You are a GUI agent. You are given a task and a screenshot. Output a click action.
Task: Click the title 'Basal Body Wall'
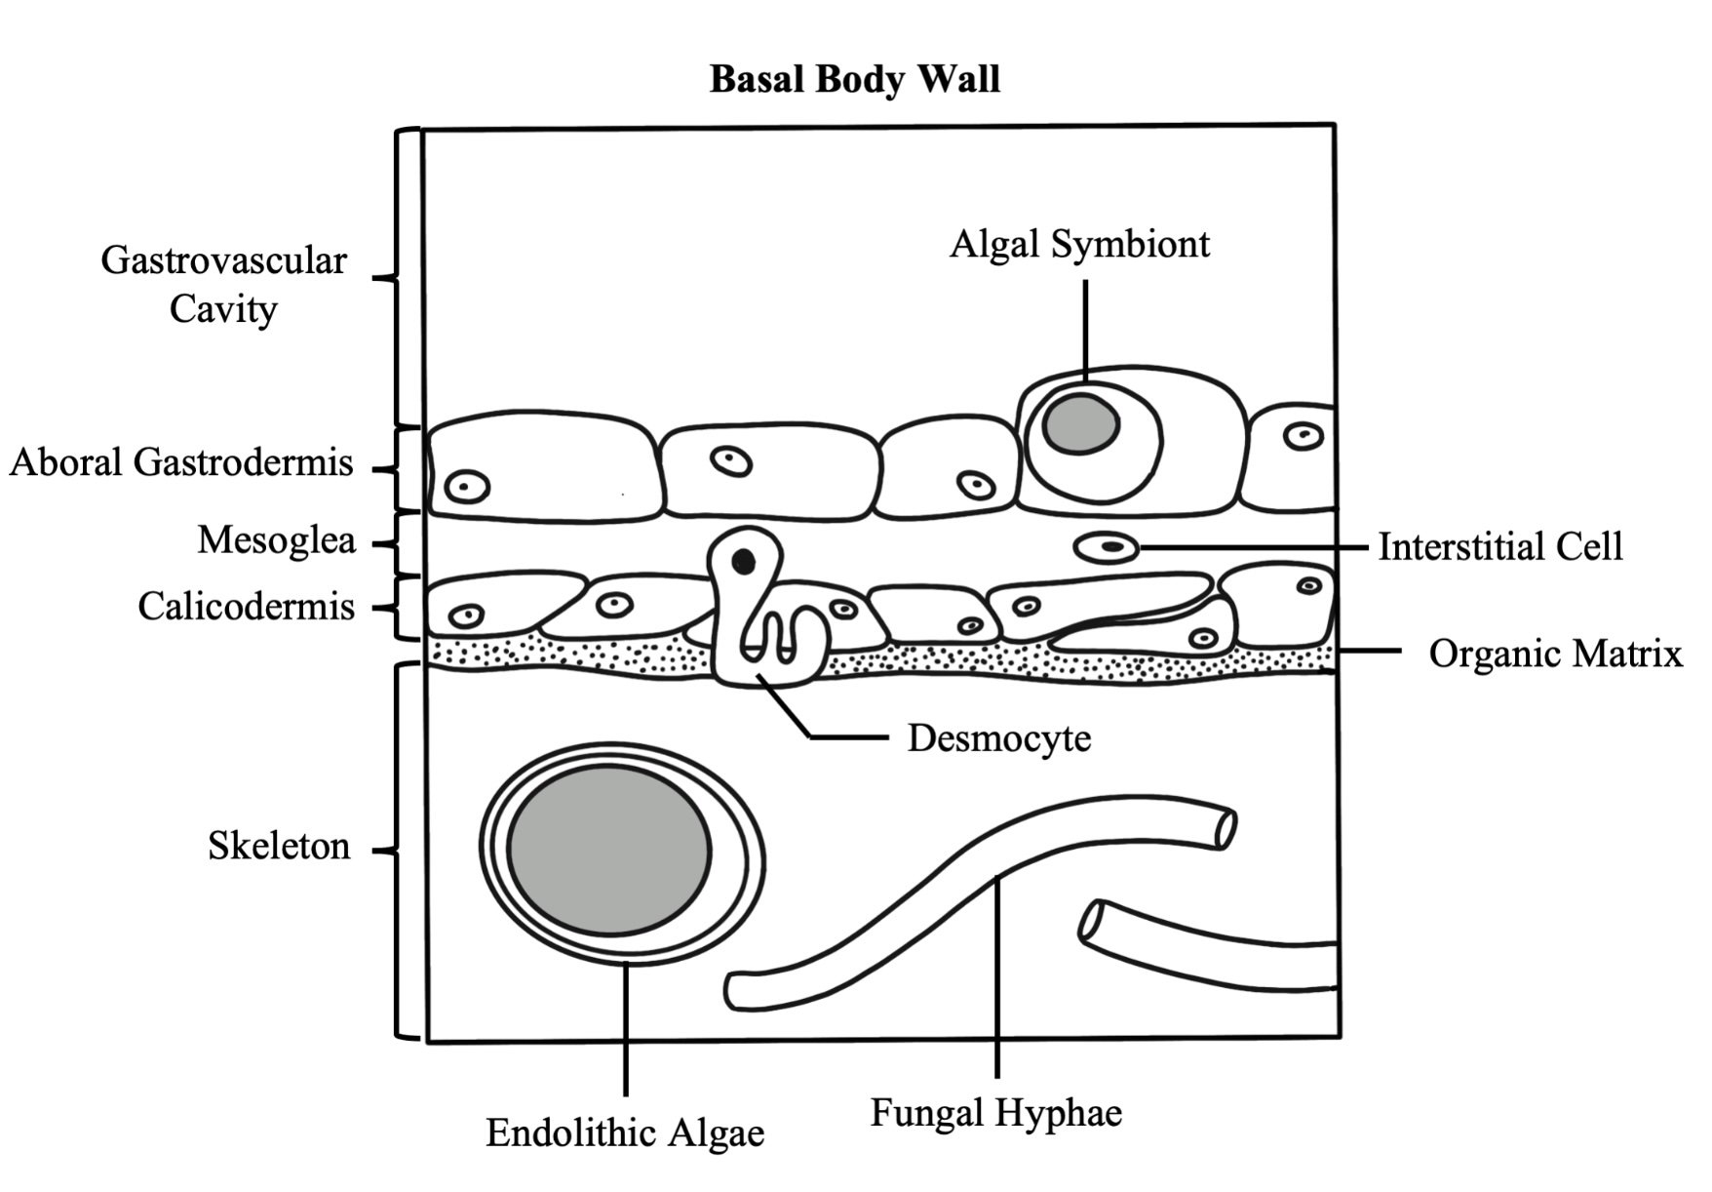pos(854,79)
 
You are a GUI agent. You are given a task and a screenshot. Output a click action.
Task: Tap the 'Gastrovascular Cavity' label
pos(223,285)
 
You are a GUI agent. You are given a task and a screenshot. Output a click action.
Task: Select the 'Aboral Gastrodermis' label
pos(181,461)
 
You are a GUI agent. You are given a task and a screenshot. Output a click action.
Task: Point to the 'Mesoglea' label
pos(277,539)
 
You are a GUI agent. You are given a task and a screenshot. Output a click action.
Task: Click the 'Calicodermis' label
pos(246,606)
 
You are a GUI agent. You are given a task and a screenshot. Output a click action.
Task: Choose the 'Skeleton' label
pos(279,845)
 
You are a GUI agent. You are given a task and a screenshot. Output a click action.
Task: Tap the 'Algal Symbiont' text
pos(1079,244)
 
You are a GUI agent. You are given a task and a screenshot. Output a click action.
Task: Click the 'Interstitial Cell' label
pos(1500,546)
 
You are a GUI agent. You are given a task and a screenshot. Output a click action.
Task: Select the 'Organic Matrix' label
pos(1556,654)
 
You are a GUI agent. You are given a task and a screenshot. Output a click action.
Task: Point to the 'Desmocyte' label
pos(999,738)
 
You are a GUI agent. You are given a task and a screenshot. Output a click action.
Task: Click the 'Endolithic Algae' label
pos(625,1133)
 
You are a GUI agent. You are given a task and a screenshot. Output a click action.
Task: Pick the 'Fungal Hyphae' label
pos(996,1113)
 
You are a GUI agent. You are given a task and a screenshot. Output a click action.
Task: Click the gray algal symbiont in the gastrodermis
pos(1080,424)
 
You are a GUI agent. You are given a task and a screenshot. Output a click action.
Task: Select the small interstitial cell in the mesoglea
pos(1108,548)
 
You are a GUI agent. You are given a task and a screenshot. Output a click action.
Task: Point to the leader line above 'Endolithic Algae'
pos(625,1028)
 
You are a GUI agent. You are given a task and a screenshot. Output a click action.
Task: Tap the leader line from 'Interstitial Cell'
pos(1254,548)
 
